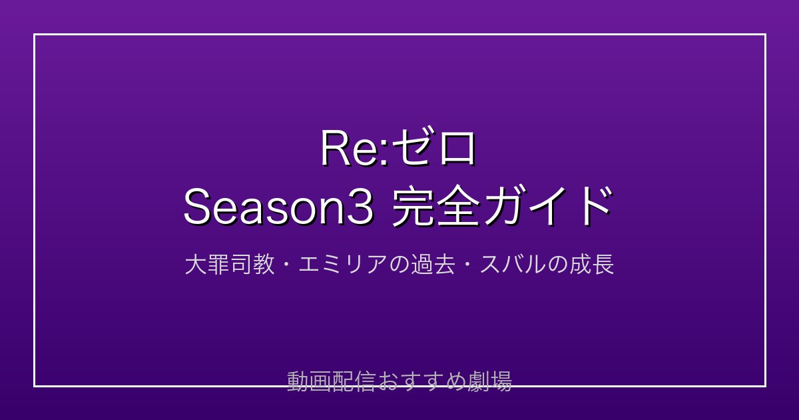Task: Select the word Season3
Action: click(278, 207)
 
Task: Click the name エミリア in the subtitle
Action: click(343, 265)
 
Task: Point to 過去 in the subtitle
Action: click(433, 265)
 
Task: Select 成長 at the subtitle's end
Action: click(592, 265)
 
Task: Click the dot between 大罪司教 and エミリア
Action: click(287, 265)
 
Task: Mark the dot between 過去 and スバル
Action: click(467, 265)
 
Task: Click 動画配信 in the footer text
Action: click(332, 381)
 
